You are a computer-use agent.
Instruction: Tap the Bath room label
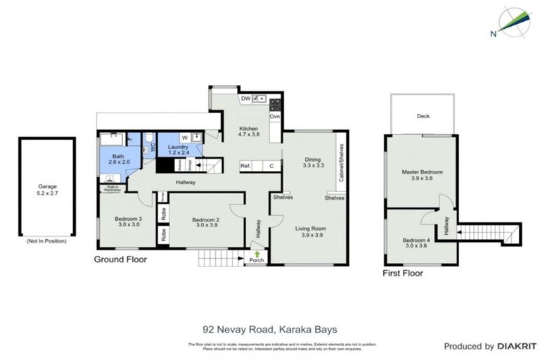[118, 158]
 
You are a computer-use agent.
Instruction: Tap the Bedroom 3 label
[129, 222]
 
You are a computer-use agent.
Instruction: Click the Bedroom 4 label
[415, 243]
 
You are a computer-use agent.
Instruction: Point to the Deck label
[423, 117]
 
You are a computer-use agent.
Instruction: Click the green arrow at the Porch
[257, 254]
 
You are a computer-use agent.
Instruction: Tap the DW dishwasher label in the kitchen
[245, 98]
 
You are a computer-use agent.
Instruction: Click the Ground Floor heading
[120, 259]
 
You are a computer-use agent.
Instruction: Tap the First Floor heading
[402, 273]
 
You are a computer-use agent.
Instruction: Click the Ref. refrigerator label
[245, 167]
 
